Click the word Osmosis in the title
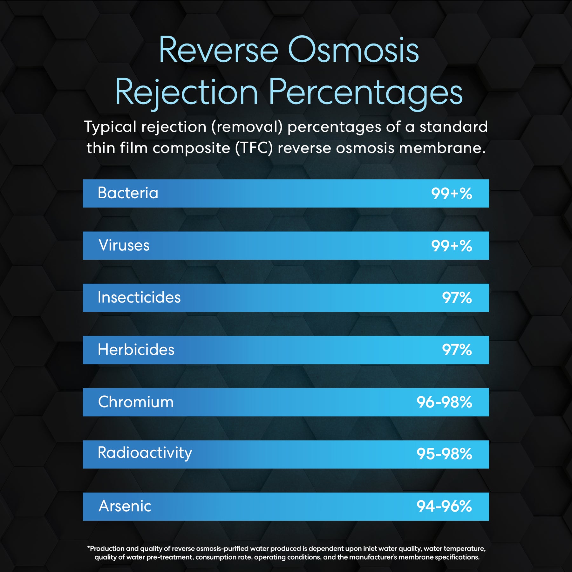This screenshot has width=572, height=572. click(353, 50)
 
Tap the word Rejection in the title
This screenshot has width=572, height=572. click(186, 92)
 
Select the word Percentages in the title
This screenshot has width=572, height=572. click(365, 92)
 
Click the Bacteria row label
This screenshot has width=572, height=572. click(128, 193)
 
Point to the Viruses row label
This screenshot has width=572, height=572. click(124, 245)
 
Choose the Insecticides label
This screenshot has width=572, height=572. click(139, 297)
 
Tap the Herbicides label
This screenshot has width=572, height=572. click(136, 350)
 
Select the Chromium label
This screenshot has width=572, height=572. click(136, 402)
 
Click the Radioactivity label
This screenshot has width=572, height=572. click(145, 453)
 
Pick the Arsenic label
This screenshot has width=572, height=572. click(125, 506)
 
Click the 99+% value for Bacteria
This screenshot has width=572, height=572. click(451, 194)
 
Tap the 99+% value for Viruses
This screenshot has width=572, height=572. click(451, 246)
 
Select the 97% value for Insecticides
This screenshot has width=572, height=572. click(457, 298)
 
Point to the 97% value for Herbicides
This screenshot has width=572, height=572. click(457, 350)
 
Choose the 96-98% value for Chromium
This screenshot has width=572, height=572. click(444, 402)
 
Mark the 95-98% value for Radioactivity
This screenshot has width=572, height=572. click(444, 454)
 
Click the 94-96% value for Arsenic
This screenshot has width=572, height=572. click(444, 506)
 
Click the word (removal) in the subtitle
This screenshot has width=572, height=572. click(247, 127)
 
